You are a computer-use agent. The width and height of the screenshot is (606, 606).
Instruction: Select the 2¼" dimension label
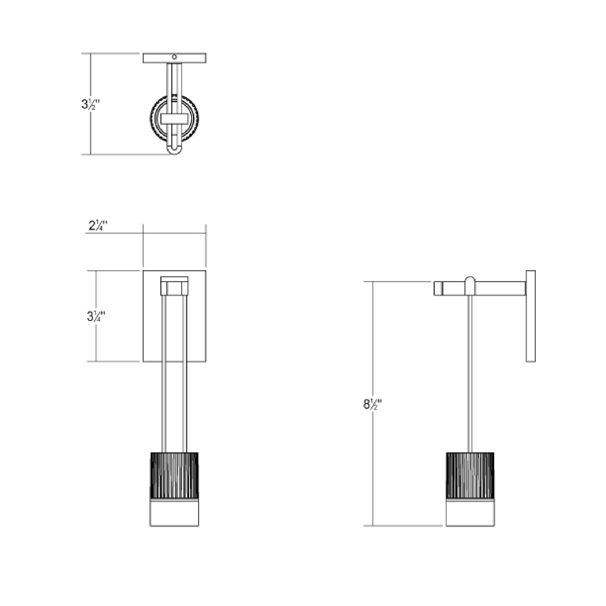[98, 226]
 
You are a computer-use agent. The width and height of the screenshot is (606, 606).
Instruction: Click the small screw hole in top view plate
[174, 57]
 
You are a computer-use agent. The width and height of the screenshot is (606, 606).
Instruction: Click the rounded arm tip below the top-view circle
[174, 150]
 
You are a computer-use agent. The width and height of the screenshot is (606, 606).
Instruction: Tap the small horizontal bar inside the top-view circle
[174, 119]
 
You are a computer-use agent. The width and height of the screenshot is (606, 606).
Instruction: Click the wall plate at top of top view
[193, 58]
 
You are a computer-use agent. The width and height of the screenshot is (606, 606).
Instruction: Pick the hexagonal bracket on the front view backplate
[174, 286]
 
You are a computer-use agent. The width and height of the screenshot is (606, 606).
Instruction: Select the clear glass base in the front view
[174, 513]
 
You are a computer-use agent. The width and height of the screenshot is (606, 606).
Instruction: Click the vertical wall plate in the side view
[531, 316]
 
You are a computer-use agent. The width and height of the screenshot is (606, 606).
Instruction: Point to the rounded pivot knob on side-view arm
[470, 285]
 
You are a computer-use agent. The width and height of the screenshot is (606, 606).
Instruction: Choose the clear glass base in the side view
[470, 513]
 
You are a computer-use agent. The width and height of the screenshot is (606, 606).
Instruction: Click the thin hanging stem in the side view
[470, 373]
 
